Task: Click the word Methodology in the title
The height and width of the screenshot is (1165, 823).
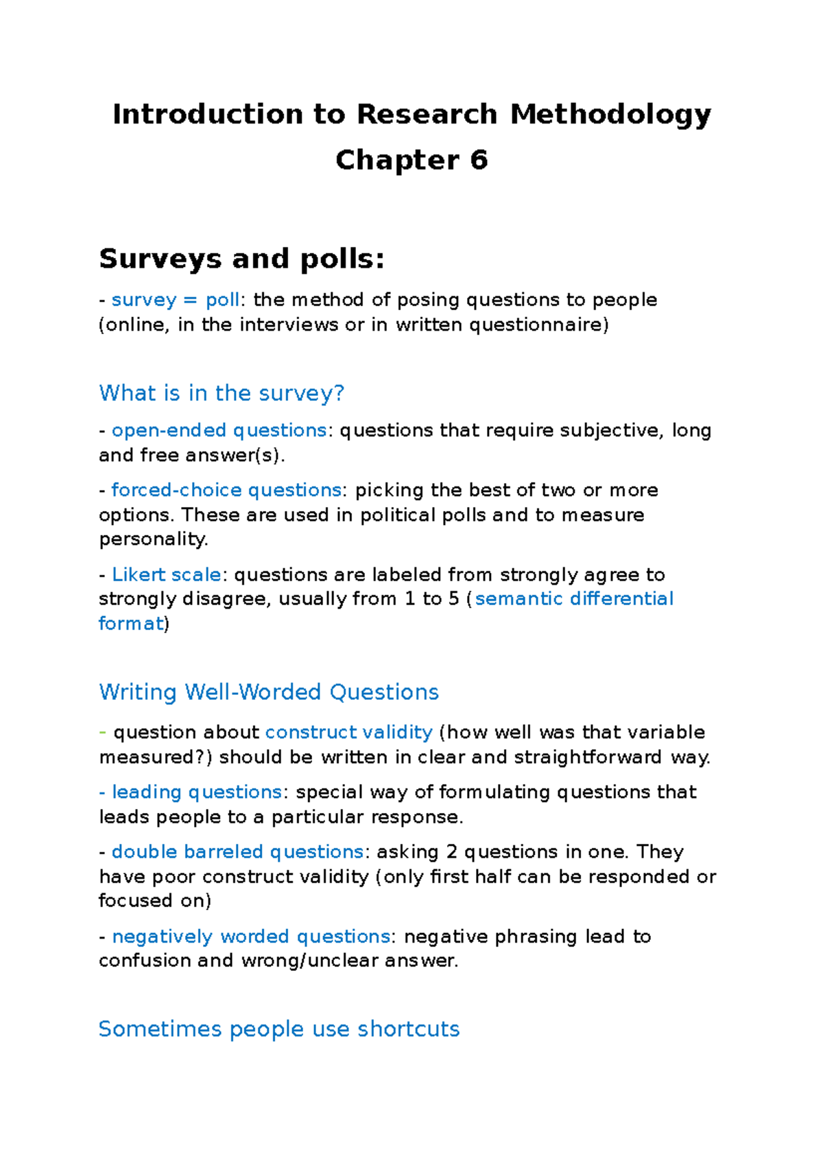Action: pyautogui.click(x=610, y=115)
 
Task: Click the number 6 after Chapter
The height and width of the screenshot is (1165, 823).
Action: pyautogui.click(x=479, y=160)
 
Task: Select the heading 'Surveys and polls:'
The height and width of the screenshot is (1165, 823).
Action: pyautogui.click(x=241, y=259)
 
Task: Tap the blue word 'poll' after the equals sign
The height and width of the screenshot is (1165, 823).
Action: pyautogui.click(x=222, y=300)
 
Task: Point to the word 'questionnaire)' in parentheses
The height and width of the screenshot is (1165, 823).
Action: pyautogui.click(x=538, y=325)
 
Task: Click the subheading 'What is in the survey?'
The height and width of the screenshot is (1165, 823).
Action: pyautogui.click(x=222, y=393)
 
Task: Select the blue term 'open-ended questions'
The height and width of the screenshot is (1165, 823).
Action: pyautogui.click(x=219, y=430)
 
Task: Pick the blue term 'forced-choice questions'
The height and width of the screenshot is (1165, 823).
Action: pyautogui.click(x=226, y=490)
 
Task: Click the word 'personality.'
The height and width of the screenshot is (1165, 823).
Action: pyautogui.click(x=154, y=539)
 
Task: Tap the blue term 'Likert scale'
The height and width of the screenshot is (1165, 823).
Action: pyautogui.click(x=166, y=574)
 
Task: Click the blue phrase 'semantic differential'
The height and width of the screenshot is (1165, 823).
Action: pyautogui.click(x=574, y=599)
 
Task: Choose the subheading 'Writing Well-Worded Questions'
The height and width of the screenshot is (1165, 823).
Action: pyautogui.click(x=269, y=692)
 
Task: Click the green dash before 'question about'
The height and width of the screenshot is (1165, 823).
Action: pyautogui.click(x=103, y=732)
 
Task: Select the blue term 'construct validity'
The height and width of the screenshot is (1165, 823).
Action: pyautogui.click(x=348, y=732)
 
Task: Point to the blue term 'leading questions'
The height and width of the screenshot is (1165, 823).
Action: pyautogui.click(x=197, y=792)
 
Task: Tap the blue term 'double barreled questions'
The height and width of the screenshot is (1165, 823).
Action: pyautogui.click(x=237, y=851)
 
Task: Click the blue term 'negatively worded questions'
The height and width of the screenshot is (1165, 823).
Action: pyautogui.click(x=251, y=937)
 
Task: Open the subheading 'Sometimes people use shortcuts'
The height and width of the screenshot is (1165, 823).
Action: pyautogui.click(x=279, y=1029)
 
